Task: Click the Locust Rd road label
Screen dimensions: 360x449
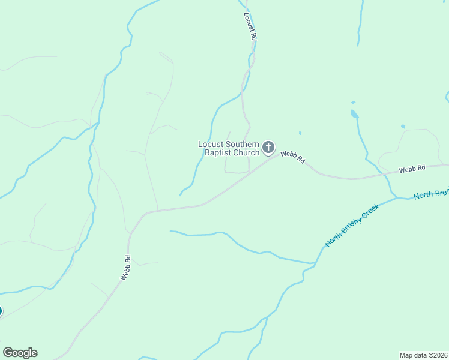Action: (251, 26)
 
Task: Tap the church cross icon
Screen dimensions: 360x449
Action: (269, 147)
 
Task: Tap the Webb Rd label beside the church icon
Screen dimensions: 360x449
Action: (293, 157)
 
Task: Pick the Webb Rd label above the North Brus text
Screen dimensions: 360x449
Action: (412, 169)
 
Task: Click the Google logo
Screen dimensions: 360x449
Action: (20, 353)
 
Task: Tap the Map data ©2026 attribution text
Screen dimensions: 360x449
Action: (424, 355)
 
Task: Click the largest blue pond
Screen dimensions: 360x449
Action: (354, 113)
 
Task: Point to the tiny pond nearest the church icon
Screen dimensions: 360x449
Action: (300, 133)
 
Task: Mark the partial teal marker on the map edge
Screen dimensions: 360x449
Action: (1, 311)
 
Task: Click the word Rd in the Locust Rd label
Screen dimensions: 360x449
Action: (253, 35)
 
